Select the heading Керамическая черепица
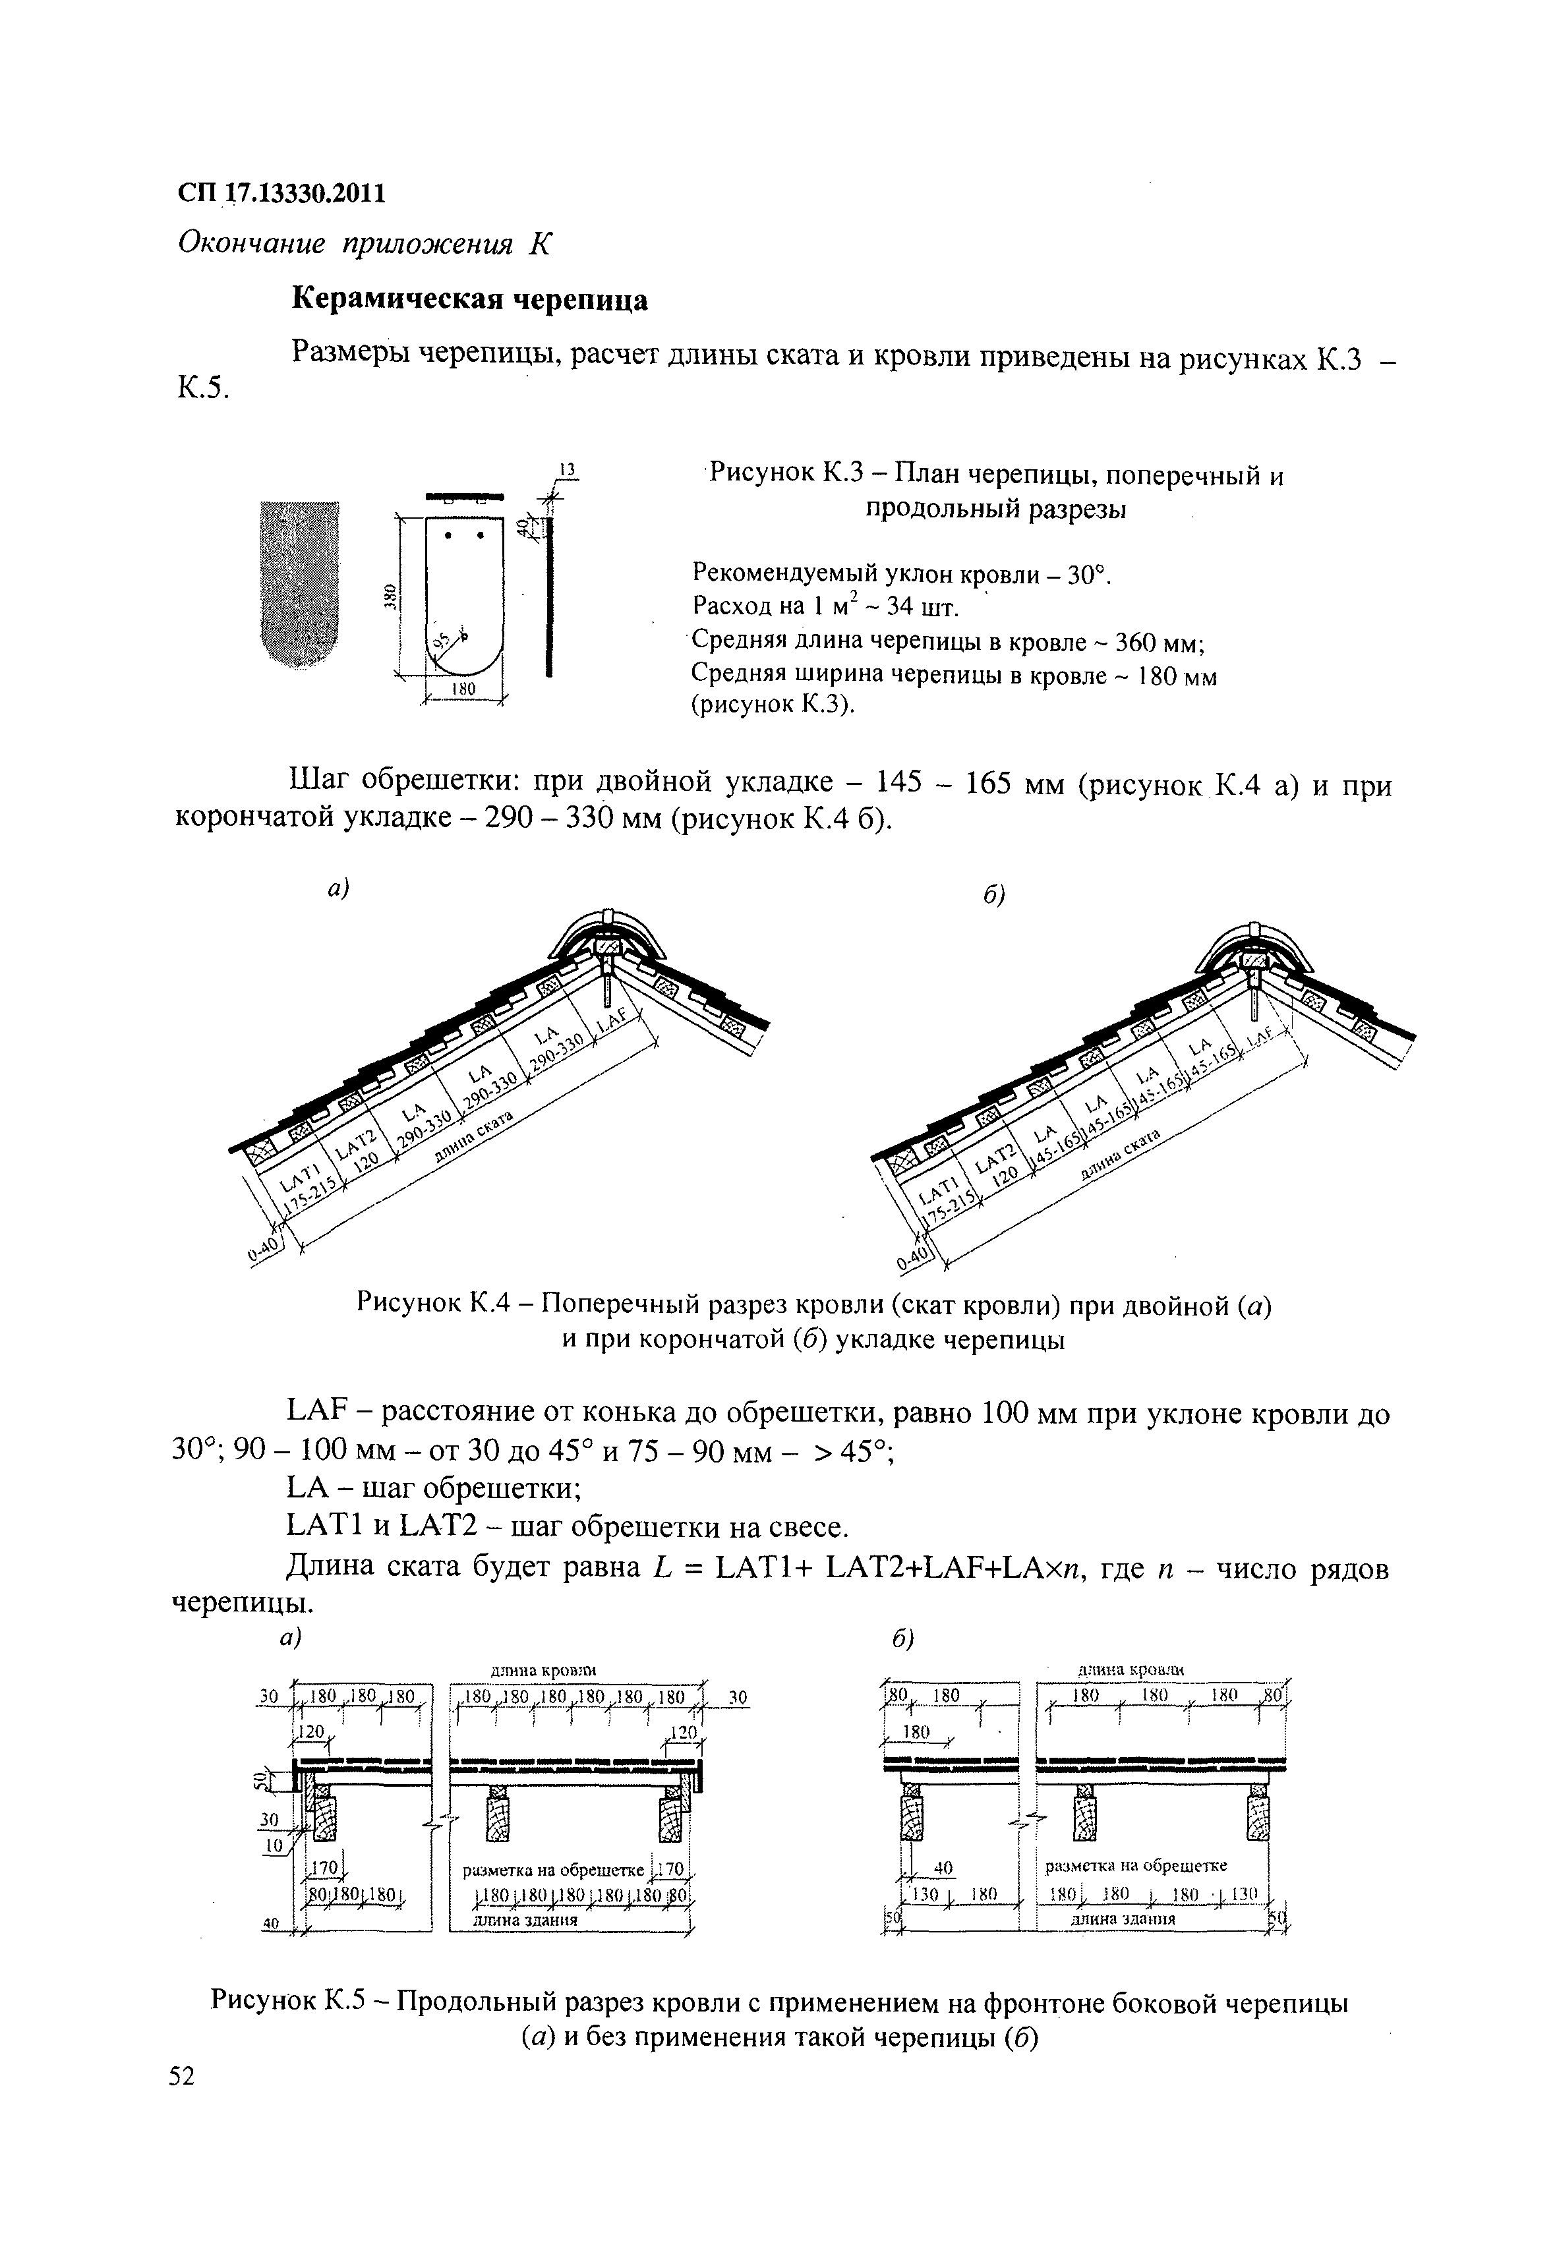pyautogui.click(x=470, y=299)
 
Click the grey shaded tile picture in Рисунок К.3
pyautogui.click(x=299, y=583)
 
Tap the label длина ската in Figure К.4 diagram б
pyautogui.click(x=1123, y=1156)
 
